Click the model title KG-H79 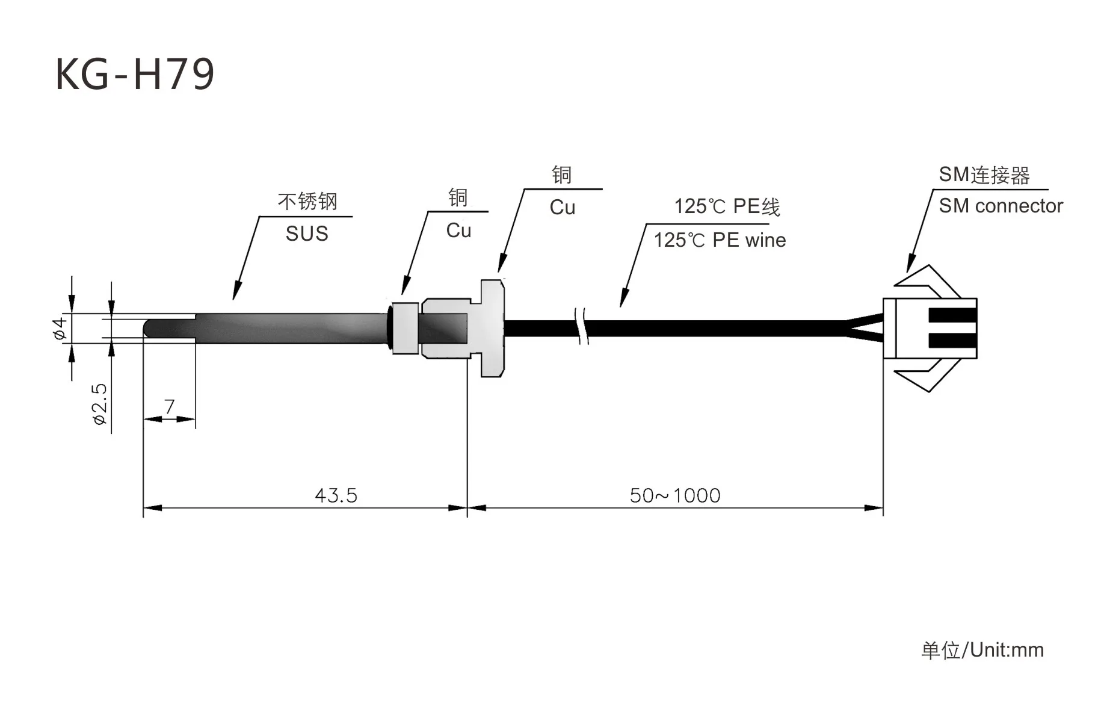pyautogui.click(x=135, y=74)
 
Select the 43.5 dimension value pyautogui.click(x=336, y=495)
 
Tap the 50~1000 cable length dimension pyautogui.click(x=675, y=495)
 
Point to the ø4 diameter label pyautogui.click(x=60, y=329)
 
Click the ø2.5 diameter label pyautogui.click(x=100, y=404)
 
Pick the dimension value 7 pyautogui.click(x=170, y=407)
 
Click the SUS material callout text pyautogui.click(x=307, y=234)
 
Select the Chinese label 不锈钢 pyautogui.click(x=307, y=201)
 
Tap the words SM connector pyautogui.click(x=1001, y=206)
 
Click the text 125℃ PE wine pyautogui.click(x=720, y=240)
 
